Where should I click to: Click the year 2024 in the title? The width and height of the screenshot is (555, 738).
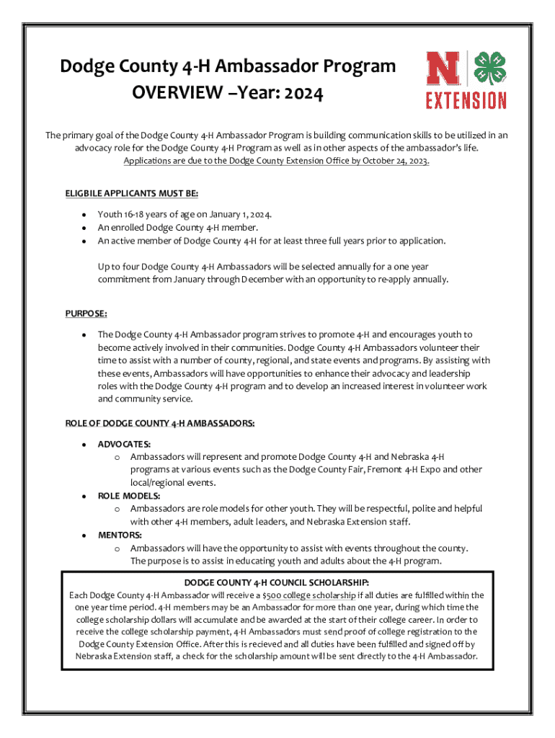(x=298, y=93)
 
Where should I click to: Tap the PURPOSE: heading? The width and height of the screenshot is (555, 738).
(x=86, y=314)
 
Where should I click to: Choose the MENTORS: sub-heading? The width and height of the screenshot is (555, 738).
(x=120, y=535)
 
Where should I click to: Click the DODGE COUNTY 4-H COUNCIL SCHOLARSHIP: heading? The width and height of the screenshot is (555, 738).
(x=277, y=582)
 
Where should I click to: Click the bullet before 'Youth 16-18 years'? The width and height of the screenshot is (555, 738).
(x=84, y=215)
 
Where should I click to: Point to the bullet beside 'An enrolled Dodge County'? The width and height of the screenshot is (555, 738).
(x=84, y=228)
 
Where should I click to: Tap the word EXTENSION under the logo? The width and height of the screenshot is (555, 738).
(x=466, y=100)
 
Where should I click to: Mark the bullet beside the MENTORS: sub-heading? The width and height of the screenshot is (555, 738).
(x=84, y=535)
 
